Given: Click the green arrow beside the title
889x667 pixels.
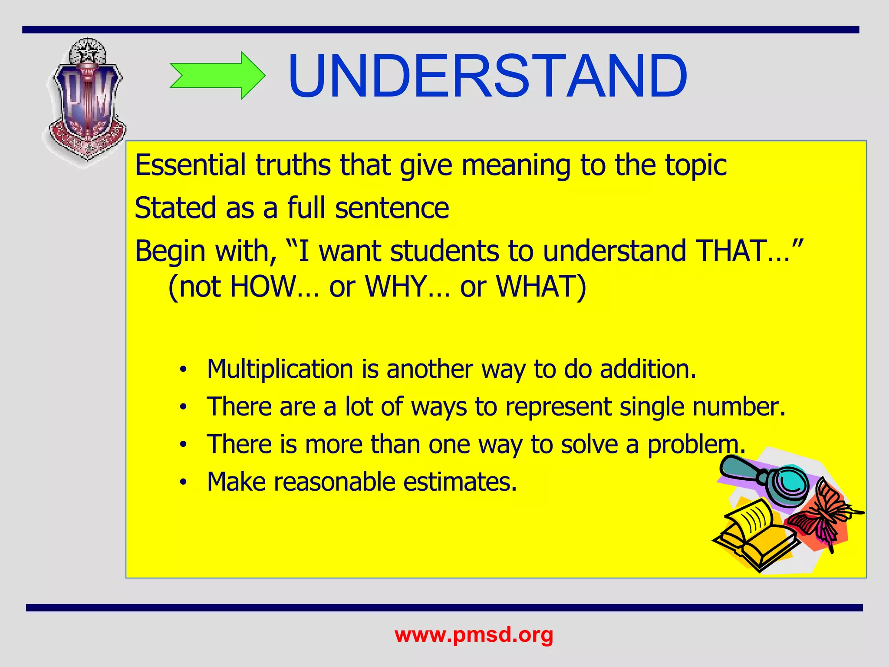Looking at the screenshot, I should [x=217, y=76].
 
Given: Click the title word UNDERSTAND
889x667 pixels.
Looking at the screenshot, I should [x=487, y=76].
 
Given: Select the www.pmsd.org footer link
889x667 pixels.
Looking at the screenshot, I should [x=474, y=635].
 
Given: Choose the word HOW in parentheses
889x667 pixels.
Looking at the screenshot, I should [x=262, y=287].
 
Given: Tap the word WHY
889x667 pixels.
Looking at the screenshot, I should [x=395, y=287].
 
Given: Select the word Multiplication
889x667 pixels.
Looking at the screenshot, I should [x=280, y=369].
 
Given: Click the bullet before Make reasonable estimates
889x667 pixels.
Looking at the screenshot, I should [x=184, y=482].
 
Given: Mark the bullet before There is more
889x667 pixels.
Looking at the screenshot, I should [x=184, y=445].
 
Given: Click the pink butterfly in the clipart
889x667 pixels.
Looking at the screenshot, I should [x=823, y=517].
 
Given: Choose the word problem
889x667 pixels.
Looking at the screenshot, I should [x=695, y=445].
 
